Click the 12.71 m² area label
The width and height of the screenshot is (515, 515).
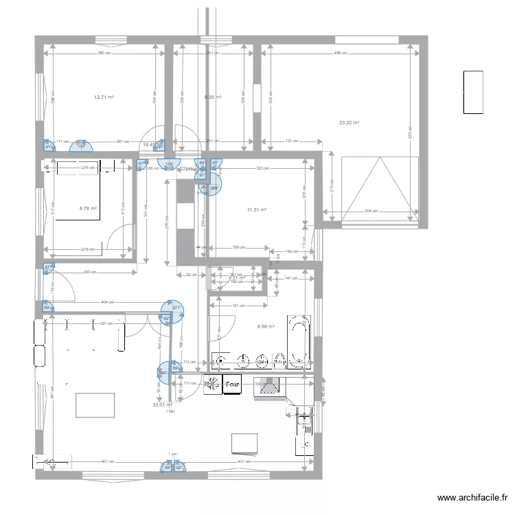coord(104,98)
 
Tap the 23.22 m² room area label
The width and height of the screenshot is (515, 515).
coord(350,123)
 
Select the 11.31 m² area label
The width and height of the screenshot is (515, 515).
coord(256,210)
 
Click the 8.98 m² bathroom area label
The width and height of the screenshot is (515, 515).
coord(266,327)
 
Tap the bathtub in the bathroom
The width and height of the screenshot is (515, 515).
coord(299,340)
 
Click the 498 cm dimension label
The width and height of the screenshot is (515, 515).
coord(338,53)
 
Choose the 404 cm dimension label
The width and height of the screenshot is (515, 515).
coord(107,302)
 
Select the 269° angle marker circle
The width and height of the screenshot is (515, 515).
coord(214,186)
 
